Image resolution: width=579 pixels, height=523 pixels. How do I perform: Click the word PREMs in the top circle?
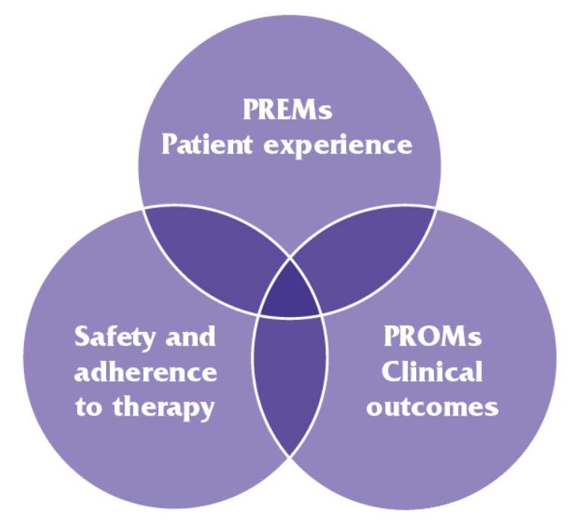(288, 110)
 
